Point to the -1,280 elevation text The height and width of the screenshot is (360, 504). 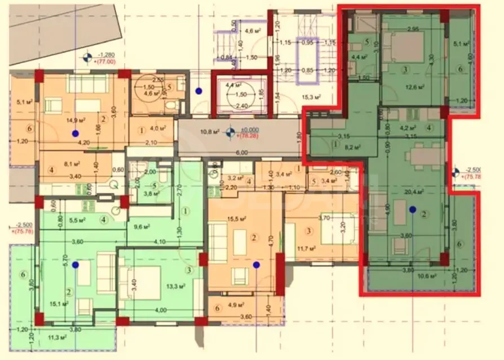108,55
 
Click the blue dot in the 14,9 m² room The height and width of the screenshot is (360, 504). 75,134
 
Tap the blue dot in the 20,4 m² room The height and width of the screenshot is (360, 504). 413,209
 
